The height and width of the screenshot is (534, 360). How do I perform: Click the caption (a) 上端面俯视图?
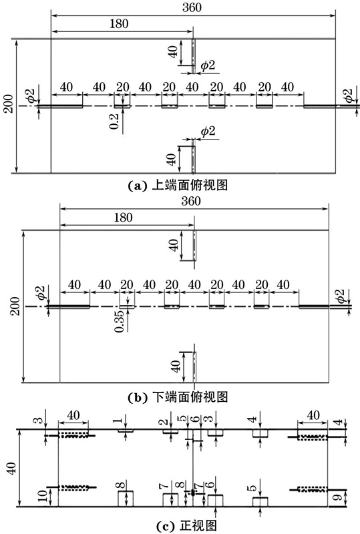tap(177, 185)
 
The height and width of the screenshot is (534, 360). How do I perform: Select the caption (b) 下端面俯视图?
tap(177, 396)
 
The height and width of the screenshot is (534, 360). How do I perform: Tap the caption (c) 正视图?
tap(187, 525)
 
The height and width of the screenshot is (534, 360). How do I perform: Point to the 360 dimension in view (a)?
tap(192, 7)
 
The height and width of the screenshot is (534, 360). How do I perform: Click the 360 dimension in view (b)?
tap(191, 201)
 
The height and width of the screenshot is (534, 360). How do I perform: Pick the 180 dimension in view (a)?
tap(119, 23)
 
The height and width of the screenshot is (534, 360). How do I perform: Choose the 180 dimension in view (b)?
tap(123, 218)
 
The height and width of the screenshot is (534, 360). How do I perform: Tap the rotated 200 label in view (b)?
tap(15, 306)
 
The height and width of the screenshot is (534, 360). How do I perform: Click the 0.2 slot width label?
tap(114, 121)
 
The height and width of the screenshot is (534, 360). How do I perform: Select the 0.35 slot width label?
tap(119, 321)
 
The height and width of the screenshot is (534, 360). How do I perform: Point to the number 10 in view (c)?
tap(42, 497)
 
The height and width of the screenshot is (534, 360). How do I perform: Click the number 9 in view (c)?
tap(338, 497)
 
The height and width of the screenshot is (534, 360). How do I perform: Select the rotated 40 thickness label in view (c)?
tap(11, 469)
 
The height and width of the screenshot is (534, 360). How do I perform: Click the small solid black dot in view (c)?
tap(193, 493)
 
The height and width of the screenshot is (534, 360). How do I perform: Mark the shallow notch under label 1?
tap(126, 431)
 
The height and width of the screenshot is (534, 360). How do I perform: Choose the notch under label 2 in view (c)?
tap(170, 431)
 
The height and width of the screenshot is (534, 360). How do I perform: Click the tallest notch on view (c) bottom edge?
tap(126, 499)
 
